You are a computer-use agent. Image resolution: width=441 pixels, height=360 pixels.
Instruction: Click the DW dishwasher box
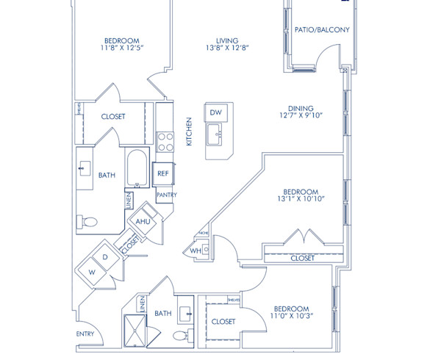pyautogui.click(x=216, y=112)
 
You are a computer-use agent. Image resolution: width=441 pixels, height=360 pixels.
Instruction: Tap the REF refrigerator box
pyautogui.click(x=162, y=173)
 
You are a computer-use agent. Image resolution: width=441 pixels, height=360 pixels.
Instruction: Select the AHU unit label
pyautogui.click(x=143, y=221)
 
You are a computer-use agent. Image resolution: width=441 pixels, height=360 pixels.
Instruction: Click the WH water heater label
pyautogui.click(x=195, y=251)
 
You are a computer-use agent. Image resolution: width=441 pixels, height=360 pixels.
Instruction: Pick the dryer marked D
pyautogui.click(x=105, y=257)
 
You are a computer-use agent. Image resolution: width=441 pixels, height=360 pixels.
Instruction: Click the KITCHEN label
pyautogui.click(x=189, y=132)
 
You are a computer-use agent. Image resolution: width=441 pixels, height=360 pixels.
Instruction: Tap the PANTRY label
pyautogui.click(x=166, y=195)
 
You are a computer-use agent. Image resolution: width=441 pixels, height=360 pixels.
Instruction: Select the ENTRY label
pyautogui.click(x=85, y=334)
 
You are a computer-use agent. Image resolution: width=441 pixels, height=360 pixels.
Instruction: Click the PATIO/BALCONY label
pyautogui.click(x=321, y=30)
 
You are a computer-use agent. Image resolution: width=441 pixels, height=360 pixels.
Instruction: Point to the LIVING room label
pyautogui.click(x=228, y=40)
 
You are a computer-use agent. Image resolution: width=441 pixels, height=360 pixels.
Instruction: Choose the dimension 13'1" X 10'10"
pyautogui.click(x=301, y=198)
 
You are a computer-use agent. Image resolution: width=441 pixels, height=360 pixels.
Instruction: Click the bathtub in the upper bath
pyautogui.click(x=137, y=170)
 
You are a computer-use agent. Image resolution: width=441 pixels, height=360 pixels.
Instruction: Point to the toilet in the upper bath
pyautogui.click(x=90, y=220)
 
